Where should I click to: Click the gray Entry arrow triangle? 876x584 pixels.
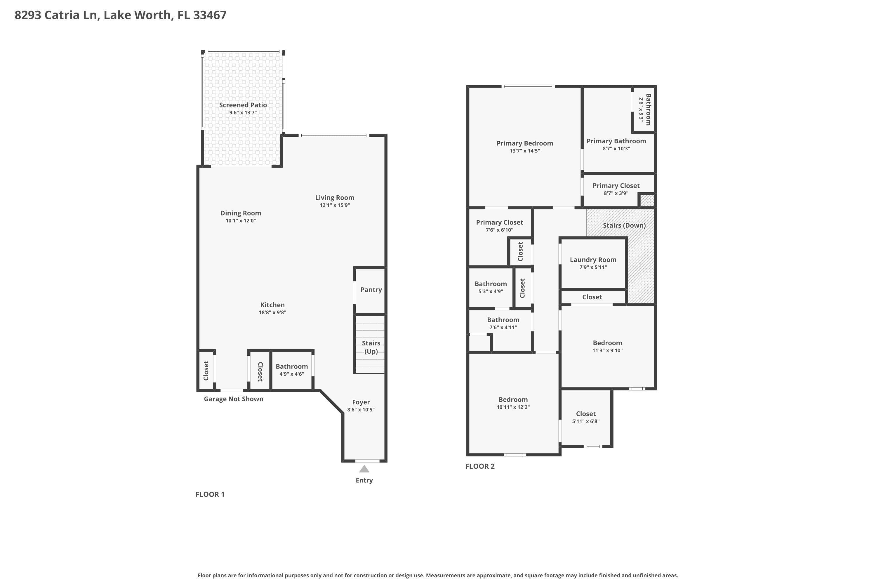tap(364, 469)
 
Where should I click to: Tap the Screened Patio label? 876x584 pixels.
tap(243, 105)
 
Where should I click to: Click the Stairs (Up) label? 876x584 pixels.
tap(371, 347)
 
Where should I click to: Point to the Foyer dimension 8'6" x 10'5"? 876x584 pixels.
tap(361, 410)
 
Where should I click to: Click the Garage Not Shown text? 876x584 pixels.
tap(234, 399)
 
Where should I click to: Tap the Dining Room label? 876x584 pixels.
tap(241, 213)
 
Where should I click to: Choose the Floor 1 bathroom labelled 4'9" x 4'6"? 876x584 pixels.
tap(292, 370)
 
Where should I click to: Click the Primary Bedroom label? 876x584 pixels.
tap(525, 143)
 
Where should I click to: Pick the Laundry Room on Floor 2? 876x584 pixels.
tap(593, 263)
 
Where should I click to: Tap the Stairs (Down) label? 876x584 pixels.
tap(624, 225)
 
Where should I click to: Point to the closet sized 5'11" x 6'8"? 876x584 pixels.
tap(586, 418)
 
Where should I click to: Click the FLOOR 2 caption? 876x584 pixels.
tap(480, 466)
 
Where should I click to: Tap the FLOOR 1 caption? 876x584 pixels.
tap(210, 494)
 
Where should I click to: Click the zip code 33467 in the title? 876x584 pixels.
tap(210, 15)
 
